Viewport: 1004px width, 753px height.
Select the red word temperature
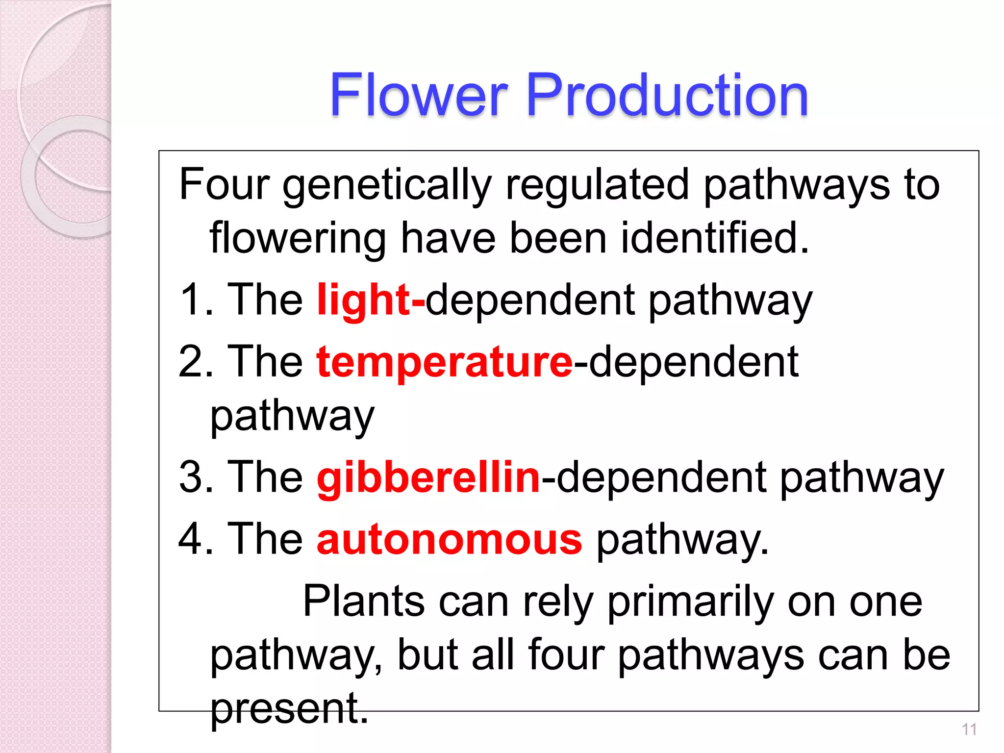click(x=444, y=363)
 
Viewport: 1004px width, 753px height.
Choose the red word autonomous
click(x=449, y=539)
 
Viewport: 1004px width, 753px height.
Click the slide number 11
click(x=969, y=729)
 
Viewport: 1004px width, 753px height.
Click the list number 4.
click(x=192, y=539)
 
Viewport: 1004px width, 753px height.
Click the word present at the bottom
click(x=289, y=709)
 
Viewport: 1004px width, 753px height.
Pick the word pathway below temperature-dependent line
click(x=292, y=417)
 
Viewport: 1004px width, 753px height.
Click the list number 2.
click(x=192, y=363)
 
